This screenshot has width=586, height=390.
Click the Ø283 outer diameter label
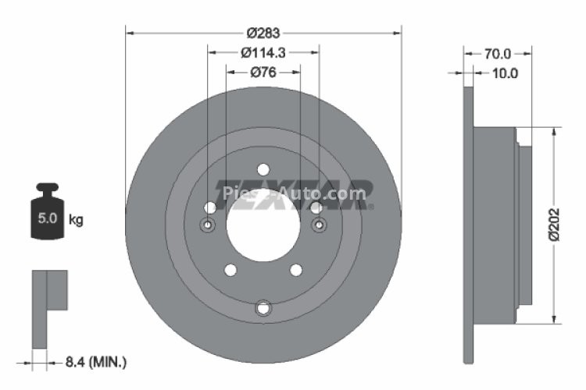[263, 33]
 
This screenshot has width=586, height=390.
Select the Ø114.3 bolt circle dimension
[263, 53]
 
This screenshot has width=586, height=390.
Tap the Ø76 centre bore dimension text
[263, 73]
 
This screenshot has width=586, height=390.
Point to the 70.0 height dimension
[497, 54]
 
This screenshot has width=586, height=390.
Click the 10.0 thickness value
[504, 73]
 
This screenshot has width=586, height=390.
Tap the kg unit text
[76, 220]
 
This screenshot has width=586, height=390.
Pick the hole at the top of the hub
[263, 169]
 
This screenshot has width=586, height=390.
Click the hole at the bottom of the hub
[263, 309]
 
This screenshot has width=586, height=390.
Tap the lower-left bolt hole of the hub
[230, 270]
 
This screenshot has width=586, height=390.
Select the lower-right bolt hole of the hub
[296, 270]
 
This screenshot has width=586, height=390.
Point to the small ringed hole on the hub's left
[208, 225]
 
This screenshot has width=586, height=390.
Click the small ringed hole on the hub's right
[319, 225]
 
